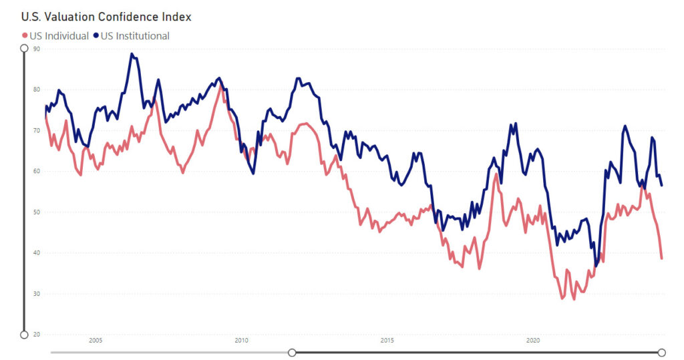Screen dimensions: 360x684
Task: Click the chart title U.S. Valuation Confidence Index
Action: [106, 16]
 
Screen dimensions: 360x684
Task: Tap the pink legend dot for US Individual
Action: [25, 36]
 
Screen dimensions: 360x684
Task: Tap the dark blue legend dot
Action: [96, 36]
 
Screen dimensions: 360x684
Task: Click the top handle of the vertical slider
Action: [25, 48]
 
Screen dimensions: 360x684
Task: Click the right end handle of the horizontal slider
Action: [662, 352]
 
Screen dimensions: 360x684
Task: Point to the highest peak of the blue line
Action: [132, 54]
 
